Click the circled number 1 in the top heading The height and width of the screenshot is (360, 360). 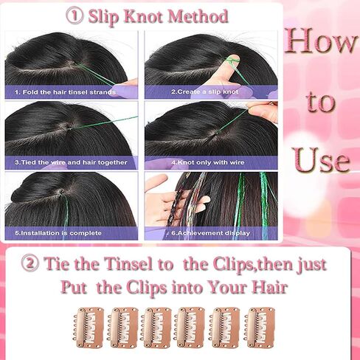click(75, 16)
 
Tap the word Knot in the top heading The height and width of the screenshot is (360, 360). click(144, 17)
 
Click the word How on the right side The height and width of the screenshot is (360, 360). click(321, 41)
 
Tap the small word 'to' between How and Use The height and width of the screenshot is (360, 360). click(320, 101)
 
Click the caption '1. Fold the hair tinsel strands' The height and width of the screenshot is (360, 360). click(65, 92)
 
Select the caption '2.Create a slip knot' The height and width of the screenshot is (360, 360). click(205, 92)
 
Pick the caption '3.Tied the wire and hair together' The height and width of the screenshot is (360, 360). click(71, 162)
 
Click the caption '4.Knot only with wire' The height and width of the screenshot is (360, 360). click(208, 162)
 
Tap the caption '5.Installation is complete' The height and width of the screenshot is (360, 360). click(58, 233)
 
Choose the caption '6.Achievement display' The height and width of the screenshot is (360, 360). click(210, 233)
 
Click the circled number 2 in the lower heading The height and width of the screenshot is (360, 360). click(30, 263)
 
